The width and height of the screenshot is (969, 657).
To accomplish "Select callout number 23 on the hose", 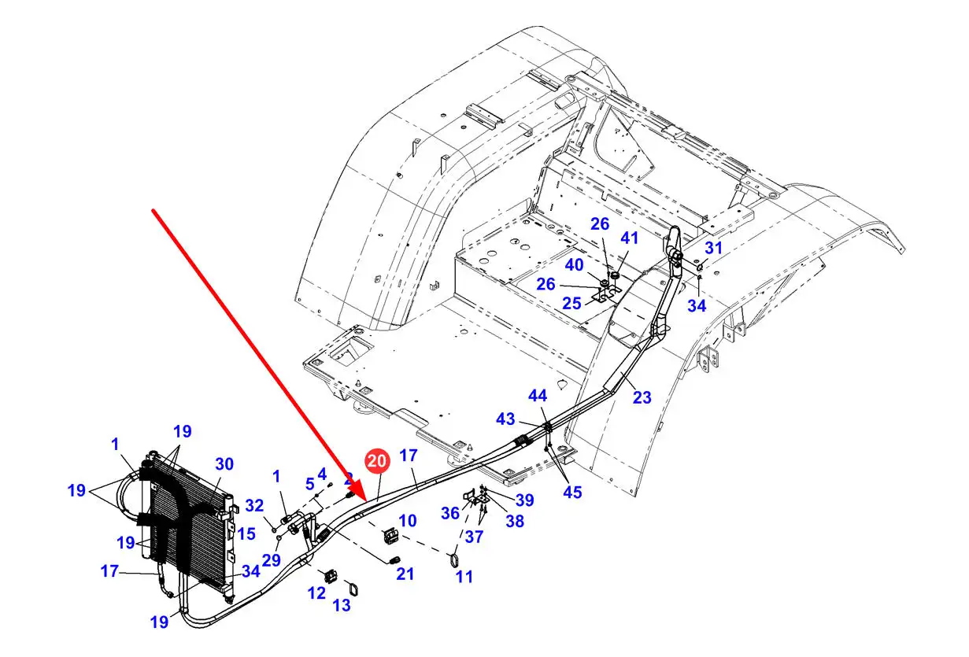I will (x=642, y=397).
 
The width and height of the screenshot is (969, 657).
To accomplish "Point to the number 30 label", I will (x=224, y=464).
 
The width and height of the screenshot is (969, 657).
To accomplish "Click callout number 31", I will (x=713, y=248).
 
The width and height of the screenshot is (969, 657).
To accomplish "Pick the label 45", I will (x=572, y=493).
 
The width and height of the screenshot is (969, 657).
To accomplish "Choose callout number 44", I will (x=538, y=397).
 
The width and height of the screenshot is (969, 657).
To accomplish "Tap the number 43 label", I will (x=505, y=420).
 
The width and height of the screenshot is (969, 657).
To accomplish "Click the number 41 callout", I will (x=631, y=238).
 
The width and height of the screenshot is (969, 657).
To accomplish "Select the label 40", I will (x=574, y=265).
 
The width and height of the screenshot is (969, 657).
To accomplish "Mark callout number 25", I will (x=572, y=303).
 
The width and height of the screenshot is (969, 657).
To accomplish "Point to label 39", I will (x=524, y=500).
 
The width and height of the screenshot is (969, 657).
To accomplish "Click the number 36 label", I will (x=449, y=512).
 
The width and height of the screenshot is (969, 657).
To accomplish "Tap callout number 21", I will (x=405, y=574).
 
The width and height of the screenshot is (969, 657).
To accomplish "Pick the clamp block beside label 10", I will (x=390, y=537).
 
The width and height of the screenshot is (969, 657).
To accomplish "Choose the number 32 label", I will (x=254, y=505).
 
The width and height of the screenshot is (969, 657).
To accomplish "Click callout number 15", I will (x=247, y=533).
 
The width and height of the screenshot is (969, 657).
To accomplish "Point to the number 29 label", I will (x=272, y=560).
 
